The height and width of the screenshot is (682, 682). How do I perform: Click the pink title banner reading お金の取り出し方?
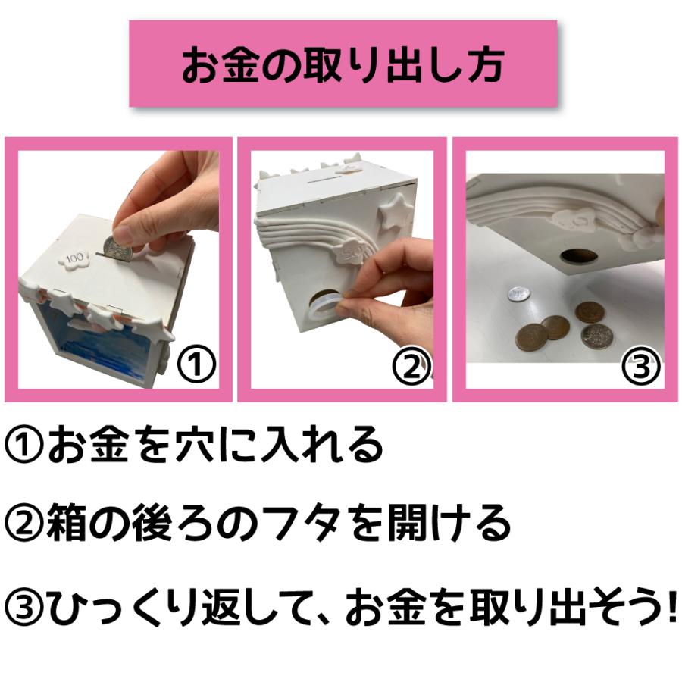click(343, 64)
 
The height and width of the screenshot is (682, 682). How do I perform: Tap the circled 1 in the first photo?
click(196, 366)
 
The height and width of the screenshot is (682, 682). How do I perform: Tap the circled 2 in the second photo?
click(410, 367)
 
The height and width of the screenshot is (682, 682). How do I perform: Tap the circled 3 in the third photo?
click(640, 367)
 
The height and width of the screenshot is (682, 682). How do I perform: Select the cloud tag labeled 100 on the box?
click(76, 258)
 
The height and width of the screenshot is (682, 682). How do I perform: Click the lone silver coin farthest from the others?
click(518, 293)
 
